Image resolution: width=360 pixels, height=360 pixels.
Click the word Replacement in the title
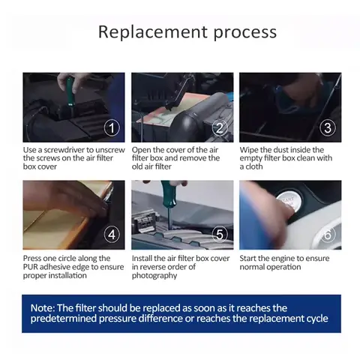tap(153, 32)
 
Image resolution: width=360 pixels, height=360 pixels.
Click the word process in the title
tap(245, 33)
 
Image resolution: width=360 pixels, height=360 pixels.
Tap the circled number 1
tap(112, 128)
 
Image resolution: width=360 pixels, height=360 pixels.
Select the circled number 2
tap(220, 128)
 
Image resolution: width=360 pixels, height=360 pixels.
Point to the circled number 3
tap(328, 128)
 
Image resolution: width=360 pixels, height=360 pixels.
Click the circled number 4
tap(112, 235)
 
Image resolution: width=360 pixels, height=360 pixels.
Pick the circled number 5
tap(220, 235)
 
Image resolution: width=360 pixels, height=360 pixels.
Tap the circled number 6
tap(328, 235)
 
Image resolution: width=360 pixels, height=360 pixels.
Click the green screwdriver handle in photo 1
tap(70, 91)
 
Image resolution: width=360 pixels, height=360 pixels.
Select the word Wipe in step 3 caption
tap(249, 150)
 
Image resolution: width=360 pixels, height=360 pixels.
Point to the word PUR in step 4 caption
tap(31, 267)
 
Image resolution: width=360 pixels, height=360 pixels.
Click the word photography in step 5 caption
tap(154, 276)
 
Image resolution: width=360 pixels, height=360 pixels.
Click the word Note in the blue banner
tap(42, 308)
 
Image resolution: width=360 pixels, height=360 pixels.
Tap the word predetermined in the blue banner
tap(64, 319)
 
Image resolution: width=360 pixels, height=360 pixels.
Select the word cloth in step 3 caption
tap(254, 166)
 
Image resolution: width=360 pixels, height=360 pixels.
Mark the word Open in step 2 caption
tap(141, 150)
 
